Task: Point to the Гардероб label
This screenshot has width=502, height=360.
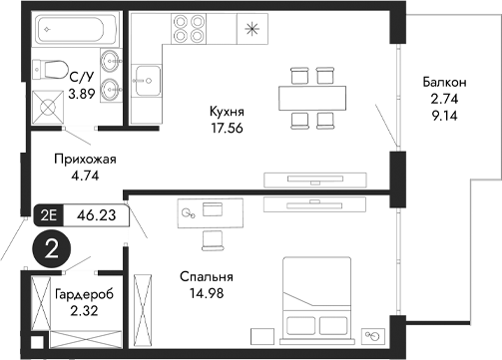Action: click(x=84, y=294)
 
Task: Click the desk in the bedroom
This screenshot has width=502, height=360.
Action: click(x=213, y=210)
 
